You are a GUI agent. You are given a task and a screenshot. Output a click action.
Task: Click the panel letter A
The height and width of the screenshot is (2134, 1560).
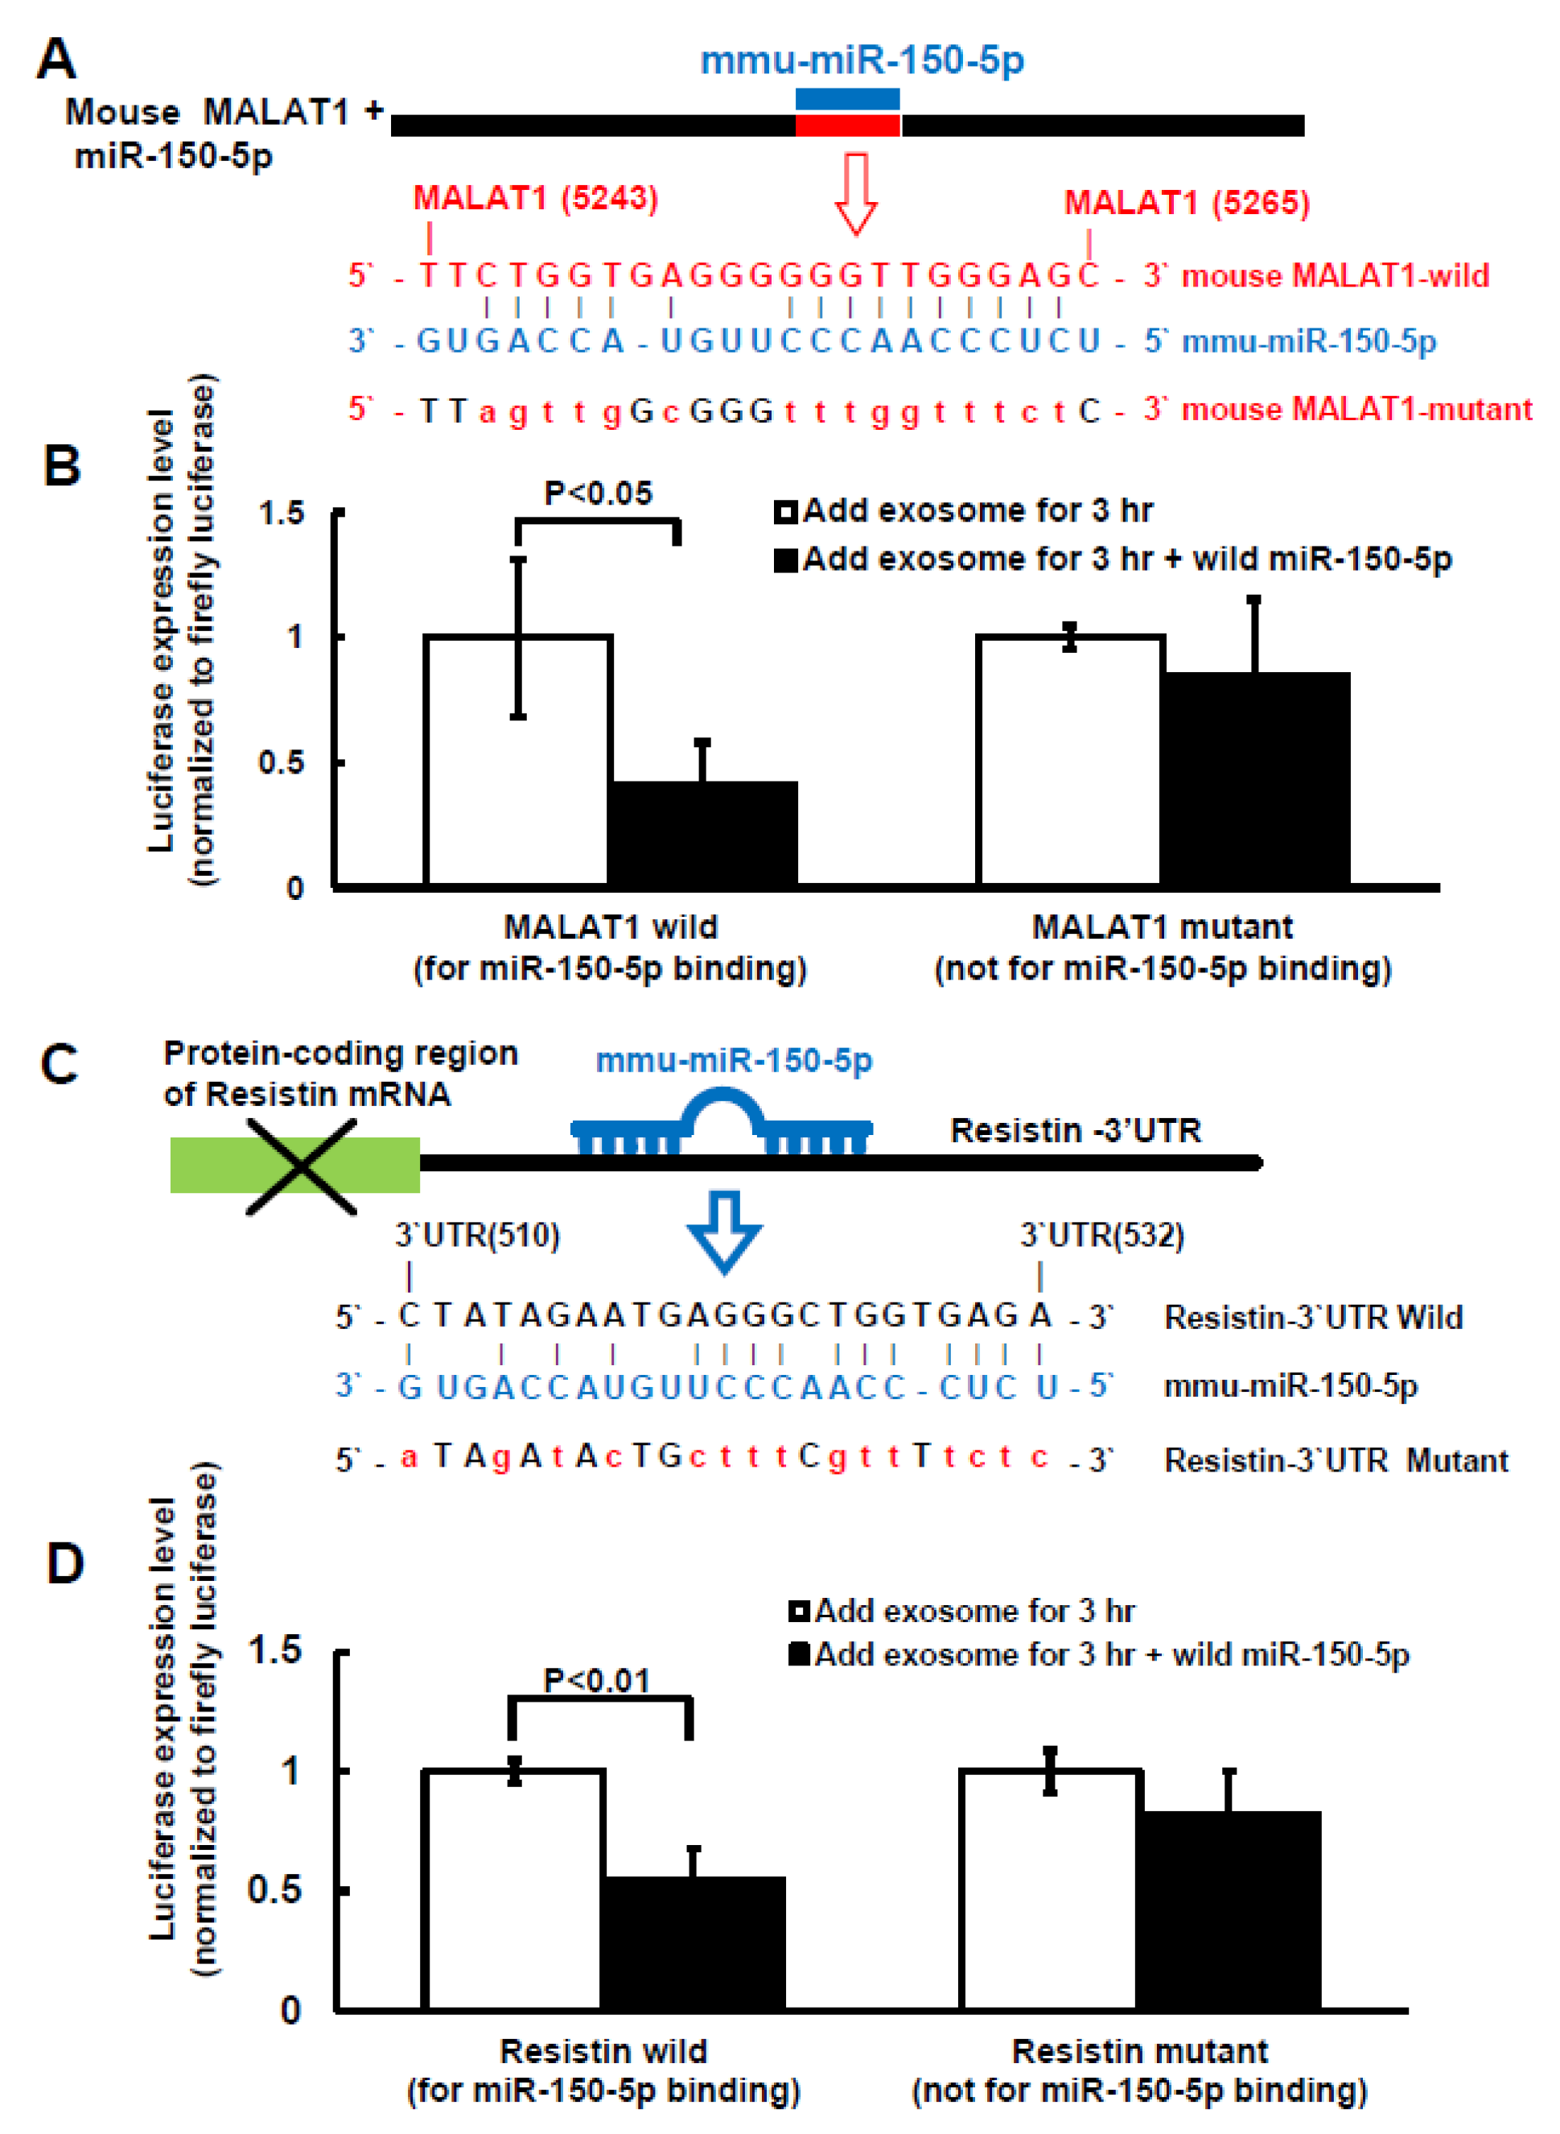click(x=56, y=59)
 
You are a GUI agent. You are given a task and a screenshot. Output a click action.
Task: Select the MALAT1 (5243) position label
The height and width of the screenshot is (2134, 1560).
click(x=536, y=198)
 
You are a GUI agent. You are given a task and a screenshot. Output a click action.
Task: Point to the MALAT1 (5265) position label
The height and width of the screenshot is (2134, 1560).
click(x=1187, y=203)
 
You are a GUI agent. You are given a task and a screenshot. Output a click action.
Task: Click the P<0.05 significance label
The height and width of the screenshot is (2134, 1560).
click(x=598, y=493)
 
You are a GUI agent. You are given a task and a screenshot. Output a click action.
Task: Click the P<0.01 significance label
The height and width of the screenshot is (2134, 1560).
click(x=597, y=1681)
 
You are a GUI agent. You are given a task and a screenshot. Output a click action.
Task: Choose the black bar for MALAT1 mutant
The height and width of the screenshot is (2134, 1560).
click(x=1255, y=778)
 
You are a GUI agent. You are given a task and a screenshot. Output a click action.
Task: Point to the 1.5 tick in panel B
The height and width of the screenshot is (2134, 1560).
click(x=282, y=513)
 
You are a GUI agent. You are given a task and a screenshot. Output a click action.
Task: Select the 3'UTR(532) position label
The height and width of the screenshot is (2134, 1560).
click(x=1102, y=1235)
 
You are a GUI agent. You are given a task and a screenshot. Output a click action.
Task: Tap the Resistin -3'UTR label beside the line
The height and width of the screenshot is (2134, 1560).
click(x=1075, y=1130)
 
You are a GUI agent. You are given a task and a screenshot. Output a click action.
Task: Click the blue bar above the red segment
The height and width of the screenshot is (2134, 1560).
click(x=847, y=99)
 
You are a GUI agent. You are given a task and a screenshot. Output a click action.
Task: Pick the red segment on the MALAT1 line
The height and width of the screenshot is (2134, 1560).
click(x=847, y=126)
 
